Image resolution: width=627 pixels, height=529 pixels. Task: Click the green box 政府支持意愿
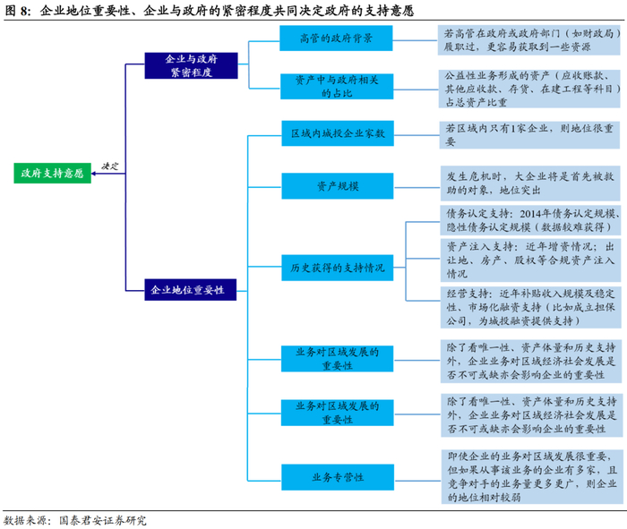53,174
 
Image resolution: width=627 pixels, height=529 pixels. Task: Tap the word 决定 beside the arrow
109,166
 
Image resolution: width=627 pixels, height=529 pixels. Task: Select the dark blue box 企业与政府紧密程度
190,65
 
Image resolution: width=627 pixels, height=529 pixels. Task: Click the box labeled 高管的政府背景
337,39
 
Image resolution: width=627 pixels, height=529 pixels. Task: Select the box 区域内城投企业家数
337,134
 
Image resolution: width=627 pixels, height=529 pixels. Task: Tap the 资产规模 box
337,186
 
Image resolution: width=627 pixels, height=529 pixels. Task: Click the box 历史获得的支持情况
337,267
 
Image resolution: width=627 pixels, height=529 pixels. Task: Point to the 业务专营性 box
337,478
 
